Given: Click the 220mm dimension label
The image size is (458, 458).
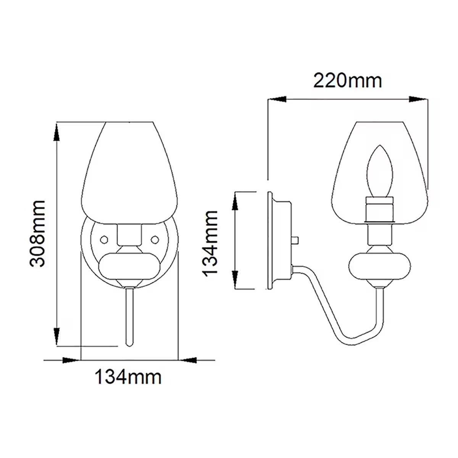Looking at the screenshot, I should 347,81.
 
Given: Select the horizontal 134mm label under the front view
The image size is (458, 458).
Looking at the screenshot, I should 128,377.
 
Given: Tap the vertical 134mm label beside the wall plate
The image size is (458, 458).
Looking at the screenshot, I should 210,242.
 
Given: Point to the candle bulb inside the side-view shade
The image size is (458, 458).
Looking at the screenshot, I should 379,172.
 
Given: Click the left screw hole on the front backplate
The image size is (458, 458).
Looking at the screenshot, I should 103,239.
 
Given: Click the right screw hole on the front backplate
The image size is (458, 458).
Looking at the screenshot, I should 155,239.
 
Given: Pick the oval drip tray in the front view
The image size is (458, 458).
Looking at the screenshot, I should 129,265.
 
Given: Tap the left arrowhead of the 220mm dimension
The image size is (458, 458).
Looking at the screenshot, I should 277,99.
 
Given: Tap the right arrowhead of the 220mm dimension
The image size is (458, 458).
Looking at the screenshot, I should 418,99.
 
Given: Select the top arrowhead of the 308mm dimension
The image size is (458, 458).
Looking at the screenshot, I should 56,132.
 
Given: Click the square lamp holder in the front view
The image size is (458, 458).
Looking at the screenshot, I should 129,234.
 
